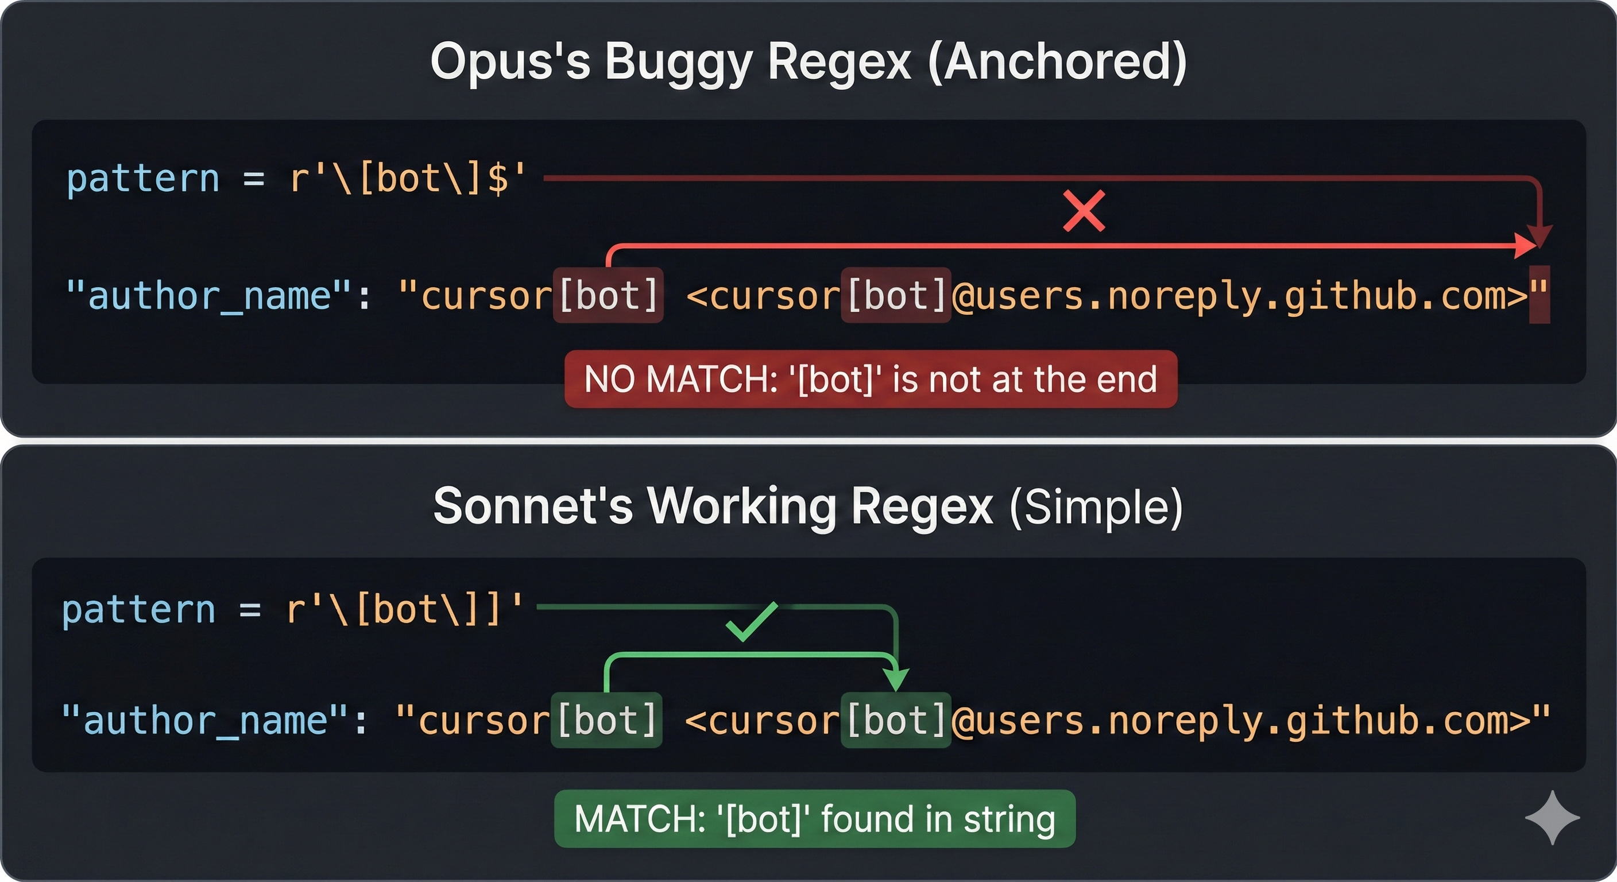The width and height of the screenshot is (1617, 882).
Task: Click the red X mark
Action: pyautogui.click(x=1084, y=211)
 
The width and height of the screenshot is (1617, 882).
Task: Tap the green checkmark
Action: pyautogui.click(x=752, y=621)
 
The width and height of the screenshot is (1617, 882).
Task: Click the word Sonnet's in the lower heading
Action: pyautogui.click(x=533, y=506)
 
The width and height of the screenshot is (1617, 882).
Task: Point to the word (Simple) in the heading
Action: pyautogui.click(x=1096, y=507)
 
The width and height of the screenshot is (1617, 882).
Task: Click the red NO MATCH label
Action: pyautogui.click(x=871, y=379)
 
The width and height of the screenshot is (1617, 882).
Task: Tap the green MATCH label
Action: pyautogui.click(x=814, y=819)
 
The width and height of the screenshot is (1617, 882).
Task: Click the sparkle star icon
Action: pyautogui.click(x=1552, y=817)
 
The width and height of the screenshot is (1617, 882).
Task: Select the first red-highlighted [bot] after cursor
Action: pyautogui.click(x=608, y=295)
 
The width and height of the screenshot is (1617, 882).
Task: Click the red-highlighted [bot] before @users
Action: pyautogui.click(x=896, y=295)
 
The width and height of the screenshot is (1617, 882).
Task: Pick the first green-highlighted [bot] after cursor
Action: pyautogui.click(x=606, y=719)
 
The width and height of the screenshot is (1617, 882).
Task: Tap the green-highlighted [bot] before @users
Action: pyautogui.click(x=896, y=719)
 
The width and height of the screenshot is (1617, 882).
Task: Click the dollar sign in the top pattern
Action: pyautogui.click(x=498, y=179)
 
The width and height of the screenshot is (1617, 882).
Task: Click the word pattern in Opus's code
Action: pyautogui.click(x=143, y=179)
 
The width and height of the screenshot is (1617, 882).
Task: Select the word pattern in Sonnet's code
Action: pyautogui.click(x=139, y=610)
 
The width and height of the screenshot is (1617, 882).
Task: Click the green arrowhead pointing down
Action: pyautogui.click(x=896, y=679)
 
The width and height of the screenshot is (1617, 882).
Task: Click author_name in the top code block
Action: pyautogui.click(x=209, y=296)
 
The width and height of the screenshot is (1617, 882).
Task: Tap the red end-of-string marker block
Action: pyautogui.click(x=1539, y=295)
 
